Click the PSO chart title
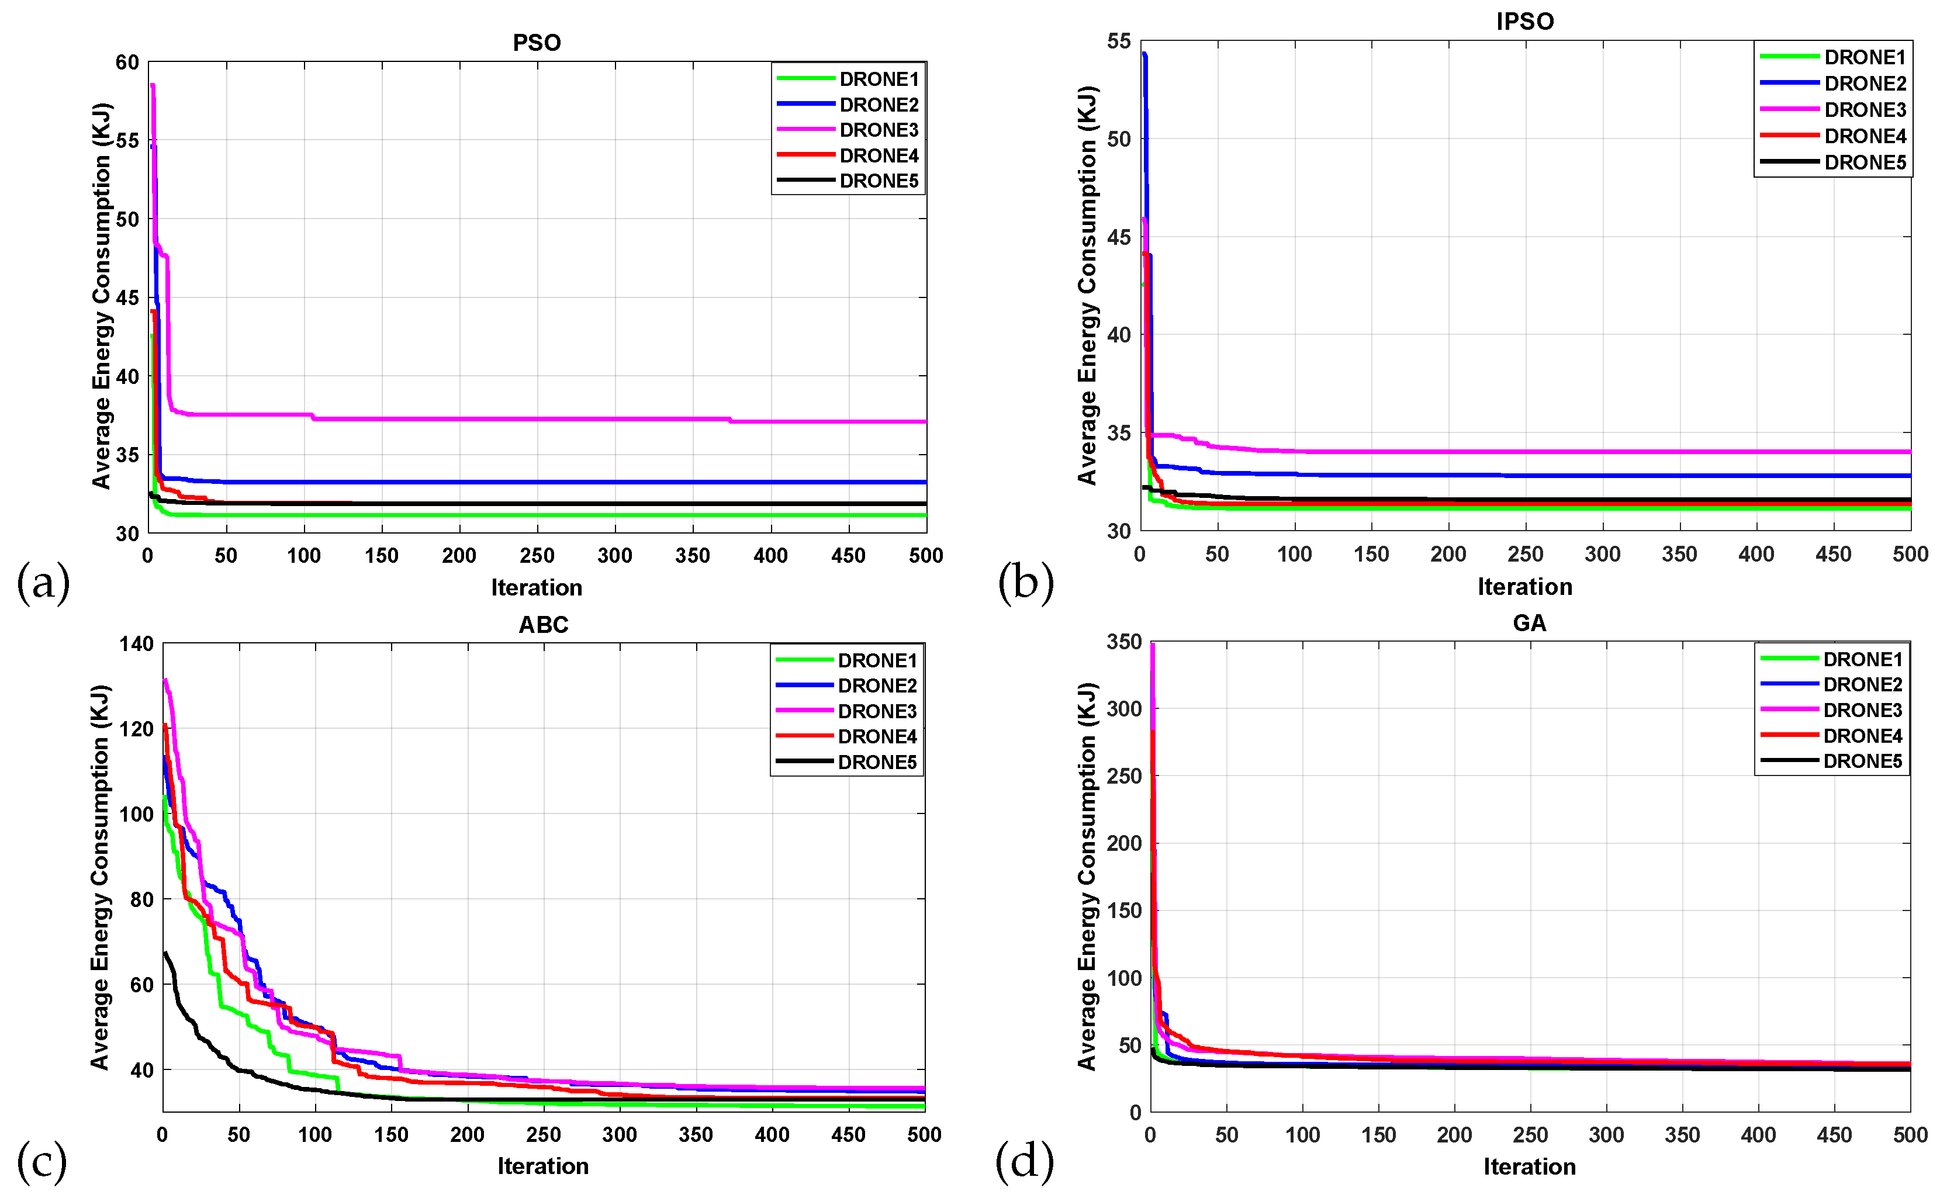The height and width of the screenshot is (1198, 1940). coord(537,43)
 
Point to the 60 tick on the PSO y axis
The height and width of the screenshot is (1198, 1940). coord(127,63)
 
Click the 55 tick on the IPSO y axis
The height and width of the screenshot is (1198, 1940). coord(1119,41)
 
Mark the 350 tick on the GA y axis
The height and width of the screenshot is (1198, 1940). coord(1124,642)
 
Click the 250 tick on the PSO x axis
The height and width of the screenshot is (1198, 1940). coord(537,555)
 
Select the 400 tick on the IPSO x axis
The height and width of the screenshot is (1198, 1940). coord(1756,554)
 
